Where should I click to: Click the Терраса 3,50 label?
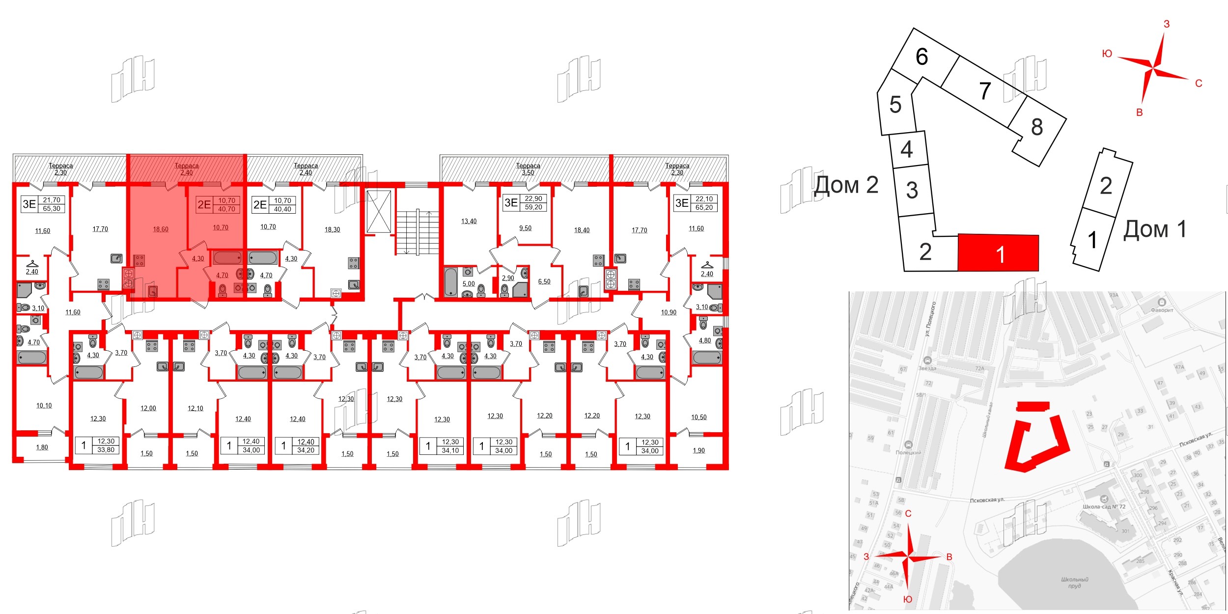pyautogui.click(x=528, y=169)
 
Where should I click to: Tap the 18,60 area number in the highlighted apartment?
pyautogui.click(x=161, y=229)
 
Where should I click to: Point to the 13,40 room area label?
pyautogui.click(x=469, y=222)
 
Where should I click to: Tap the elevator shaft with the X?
pyautogui.click(x=379, y=211)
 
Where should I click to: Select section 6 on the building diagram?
pyautogui.click(x=921, y=57)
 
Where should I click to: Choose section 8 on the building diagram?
pyautogui.click(x=1036, y=127)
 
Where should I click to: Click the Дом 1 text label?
pyautogui.click(x=1155, y=229)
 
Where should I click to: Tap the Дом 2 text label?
pyautogui.click(x=846, y=185)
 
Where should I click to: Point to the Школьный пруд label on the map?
pyautogui.click(x=1074, y=583)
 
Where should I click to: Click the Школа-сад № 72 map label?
pyautogui.click(x=1104, y=506)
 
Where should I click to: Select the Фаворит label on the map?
pyautogui.click(x=1162, y=310)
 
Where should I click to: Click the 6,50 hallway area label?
pyautogui.click(x=544, y=282)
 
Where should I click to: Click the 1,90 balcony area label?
pyautogui.click(x=698, y=450)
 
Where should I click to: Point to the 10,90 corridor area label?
pyautogui.click(x=669, y=312)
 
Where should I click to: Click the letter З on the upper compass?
pyautogui.click(x=1167, y=24)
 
